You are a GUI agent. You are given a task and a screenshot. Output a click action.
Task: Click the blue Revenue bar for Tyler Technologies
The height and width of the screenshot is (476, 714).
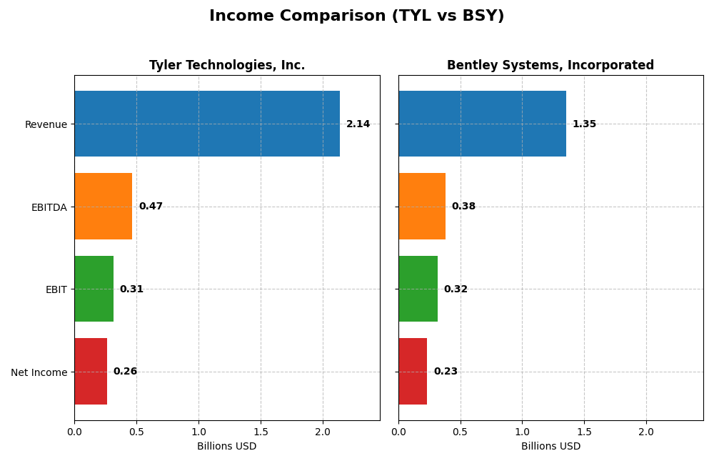click(207, 124)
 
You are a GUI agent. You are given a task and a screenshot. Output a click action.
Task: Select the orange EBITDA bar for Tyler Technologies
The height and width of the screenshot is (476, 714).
click(104, 207)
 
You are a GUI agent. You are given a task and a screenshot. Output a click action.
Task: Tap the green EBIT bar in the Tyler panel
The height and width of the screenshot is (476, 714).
click(94, 289)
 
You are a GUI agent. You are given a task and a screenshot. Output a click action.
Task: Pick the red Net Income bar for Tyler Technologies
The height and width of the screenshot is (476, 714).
click(91, 372)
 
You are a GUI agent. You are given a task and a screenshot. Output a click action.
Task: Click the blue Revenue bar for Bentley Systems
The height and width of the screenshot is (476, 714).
click(482, 124)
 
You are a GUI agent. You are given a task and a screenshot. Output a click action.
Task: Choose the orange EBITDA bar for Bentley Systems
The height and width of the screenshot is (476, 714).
click(422, 207)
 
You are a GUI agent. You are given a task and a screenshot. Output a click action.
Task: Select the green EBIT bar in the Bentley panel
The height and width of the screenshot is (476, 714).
click(418, 289)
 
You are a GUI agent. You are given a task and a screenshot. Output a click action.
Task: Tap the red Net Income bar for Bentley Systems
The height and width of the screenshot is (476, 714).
click(413, 372)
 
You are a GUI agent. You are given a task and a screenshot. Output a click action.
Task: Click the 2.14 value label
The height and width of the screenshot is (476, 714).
click(358, 124)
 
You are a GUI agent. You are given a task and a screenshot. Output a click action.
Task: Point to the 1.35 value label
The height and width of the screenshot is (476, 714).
click(584, 124)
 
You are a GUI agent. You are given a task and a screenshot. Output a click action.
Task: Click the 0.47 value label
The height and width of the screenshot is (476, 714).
click(151, 207)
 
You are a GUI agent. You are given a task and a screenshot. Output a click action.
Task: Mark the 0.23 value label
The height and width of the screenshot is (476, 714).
click(446, 372)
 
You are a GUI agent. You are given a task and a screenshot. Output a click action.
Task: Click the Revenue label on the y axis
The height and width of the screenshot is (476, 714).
click(46, 125)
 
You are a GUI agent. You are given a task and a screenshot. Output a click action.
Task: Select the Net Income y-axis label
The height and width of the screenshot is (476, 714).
click(39, 372)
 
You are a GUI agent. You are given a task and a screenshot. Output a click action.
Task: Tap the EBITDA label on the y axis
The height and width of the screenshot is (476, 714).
click(49, 207)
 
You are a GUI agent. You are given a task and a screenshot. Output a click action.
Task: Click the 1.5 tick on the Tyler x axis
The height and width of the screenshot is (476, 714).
click(261, 432)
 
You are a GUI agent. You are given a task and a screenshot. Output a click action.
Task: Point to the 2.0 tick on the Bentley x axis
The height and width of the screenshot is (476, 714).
click(646, 432)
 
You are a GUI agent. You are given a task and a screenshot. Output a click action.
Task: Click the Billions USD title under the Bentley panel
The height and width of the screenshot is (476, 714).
click(550, 447)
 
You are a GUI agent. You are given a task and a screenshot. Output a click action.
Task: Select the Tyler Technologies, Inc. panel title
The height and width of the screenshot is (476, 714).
click(227, 66)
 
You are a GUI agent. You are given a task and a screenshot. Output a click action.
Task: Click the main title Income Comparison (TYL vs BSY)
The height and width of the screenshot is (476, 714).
click(356, 16)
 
